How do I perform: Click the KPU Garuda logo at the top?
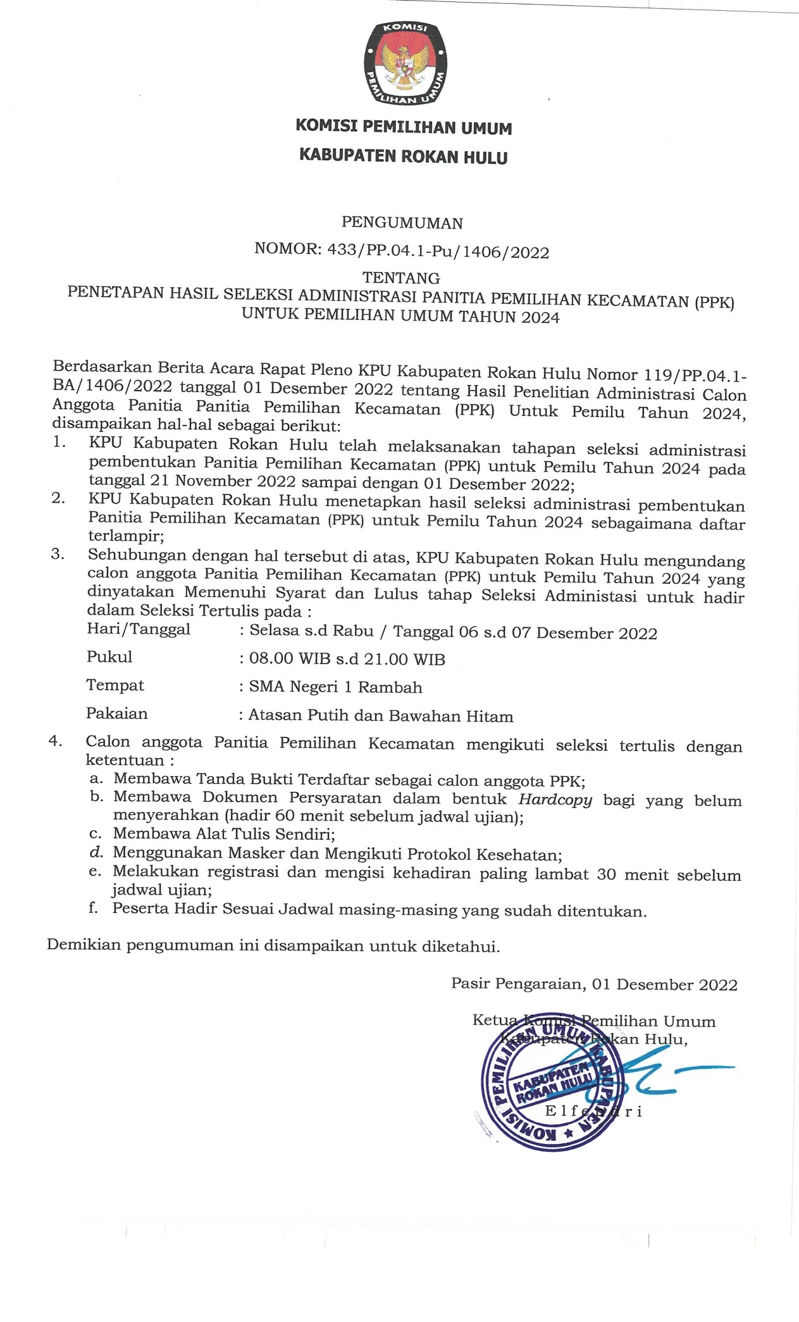pos(406,63)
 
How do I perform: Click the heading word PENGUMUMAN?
pos(402,223)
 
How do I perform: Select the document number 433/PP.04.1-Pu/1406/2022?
pos(438,251)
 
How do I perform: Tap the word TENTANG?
pos(401,278)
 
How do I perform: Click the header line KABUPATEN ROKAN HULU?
pos(403,156)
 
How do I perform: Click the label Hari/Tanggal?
pos(139,630)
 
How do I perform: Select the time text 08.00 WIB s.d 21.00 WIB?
pos(347,659)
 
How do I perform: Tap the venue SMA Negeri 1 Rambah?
pos(335,687)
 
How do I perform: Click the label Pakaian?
pos(117,714)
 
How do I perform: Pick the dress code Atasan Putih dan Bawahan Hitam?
pos(380,716)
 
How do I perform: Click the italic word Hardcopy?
pos(555,800)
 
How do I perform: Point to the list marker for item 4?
pos(55,741)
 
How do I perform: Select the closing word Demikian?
pos(84,946)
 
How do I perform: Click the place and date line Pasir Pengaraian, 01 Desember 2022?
pos(594,985)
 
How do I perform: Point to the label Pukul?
pos(109,657)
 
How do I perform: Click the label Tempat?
pos(115,686)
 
